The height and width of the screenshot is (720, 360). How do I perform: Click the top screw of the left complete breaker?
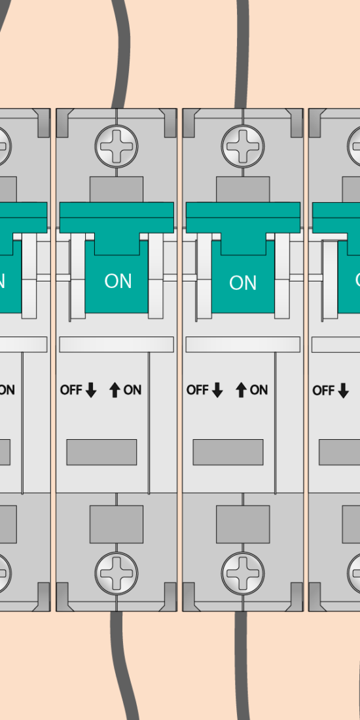point(116,146)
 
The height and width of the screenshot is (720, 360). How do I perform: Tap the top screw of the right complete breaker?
point(243,146)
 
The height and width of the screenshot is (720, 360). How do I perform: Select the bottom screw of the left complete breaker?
point(116,573)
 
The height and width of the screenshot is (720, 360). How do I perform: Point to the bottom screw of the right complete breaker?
point(243,573)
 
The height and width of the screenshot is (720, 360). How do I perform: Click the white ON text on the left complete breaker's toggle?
point(118,281)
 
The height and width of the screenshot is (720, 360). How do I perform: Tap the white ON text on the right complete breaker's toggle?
point(243,283)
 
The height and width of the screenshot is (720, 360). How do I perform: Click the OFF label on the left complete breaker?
point(71,390)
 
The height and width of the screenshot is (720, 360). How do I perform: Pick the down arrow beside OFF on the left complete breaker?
point(91,390)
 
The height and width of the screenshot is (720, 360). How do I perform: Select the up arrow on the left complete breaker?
point(115,390)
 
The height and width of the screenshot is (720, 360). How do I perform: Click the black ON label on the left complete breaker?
point(133,390)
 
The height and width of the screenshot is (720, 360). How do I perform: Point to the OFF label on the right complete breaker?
point(198,390)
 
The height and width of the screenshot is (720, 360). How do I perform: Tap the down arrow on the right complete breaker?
point(217,390)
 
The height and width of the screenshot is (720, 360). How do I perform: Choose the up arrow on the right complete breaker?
point(241,390)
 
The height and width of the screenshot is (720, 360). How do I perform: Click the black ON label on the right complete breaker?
point(259,390)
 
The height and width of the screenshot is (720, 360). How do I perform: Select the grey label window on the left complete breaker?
point(101,452)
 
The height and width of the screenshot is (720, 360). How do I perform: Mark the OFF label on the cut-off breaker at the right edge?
point(324,390)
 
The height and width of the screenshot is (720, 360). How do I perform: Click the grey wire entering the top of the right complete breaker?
point(242,54)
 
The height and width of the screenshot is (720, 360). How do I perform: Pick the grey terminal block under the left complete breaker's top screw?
point(116,189)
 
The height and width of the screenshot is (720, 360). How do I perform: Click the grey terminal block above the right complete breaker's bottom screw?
point(243,524)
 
